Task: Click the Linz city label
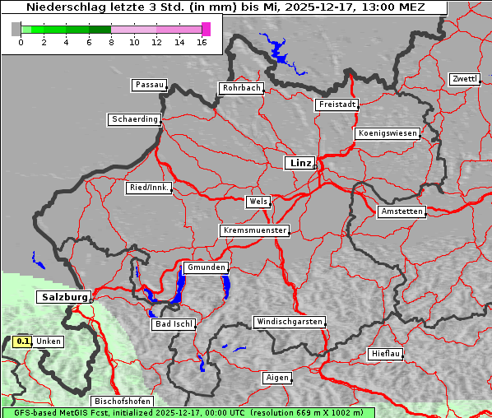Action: [299, 163]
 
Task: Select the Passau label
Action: [148, 85]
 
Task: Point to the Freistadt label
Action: [336, 104]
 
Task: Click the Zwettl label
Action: [464, 79]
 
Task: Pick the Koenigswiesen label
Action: [388, 133]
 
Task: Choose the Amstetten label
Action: [401, 211]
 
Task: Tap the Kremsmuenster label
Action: [254, 230]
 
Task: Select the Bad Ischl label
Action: [173, 324]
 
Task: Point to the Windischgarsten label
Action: [288, 322]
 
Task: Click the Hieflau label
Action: [386, 354]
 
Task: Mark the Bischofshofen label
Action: [123, 402]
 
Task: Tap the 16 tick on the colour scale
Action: [202, 41]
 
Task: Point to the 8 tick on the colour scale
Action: [111, 41]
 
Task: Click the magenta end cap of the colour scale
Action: [206, 29]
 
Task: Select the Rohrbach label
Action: [240, 88]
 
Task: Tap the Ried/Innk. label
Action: [149, 188]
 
